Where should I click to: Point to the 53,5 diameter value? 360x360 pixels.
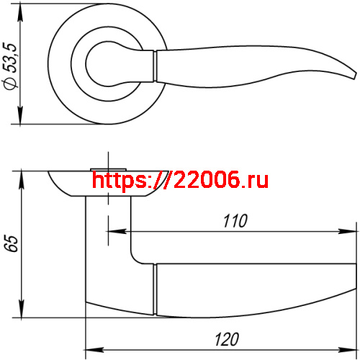(x=10, y=60)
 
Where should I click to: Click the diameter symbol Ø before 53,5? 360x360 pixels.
(x=10, y=84)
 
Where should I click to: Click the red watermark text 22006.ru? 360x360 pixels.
(x=217, y=180)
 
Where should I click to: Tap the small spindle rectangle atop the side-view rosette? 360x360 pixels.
(x=108, y=169)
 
